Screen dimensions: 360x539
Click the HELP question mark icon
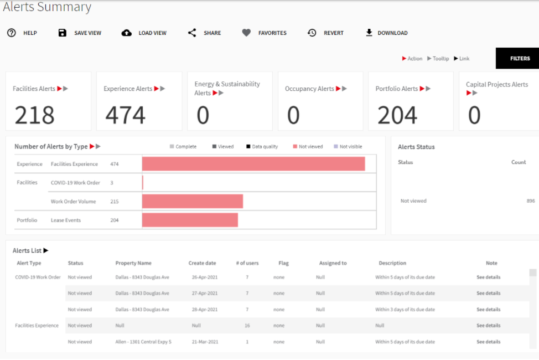(12, 33)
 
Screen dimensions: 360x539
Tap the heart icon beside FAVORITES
(246, 33)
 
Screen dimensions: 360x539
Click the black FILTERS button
(519, 58)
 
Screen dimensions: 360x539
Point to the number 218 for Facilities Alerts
(34, 115)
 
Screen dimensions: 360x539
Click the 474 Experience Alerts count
(125, 115)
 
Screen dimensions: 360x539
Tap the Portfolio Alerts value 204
(397, 115)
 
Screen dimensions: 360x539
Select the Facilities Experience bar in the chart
(253, 164)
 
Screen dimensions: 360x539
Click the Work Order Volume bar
(192, 202)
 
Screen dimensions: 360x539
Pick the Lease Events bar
(190, 220)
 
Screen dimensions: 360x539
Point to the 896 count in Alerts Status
(531, 201)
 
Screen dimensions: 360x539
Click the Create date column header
(202, 263)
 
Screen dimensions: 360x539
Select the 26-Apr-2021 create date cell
(205, 277)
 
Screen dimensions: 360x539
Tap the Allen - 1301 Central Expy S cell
(143, 342)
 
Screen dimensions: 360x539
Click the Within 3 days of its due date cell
(405, 310)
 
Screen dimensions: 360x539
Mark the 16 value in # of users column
(247, 326)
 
